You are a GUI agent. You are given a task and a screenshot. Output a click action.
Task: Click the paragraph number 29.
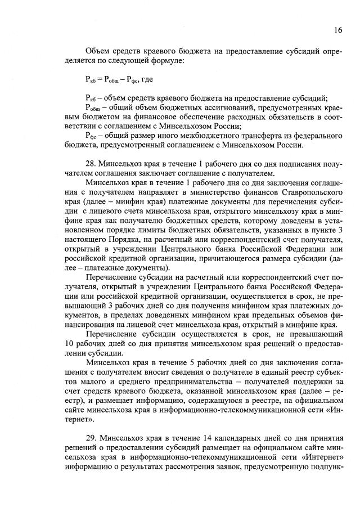[x=91, y=437]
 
